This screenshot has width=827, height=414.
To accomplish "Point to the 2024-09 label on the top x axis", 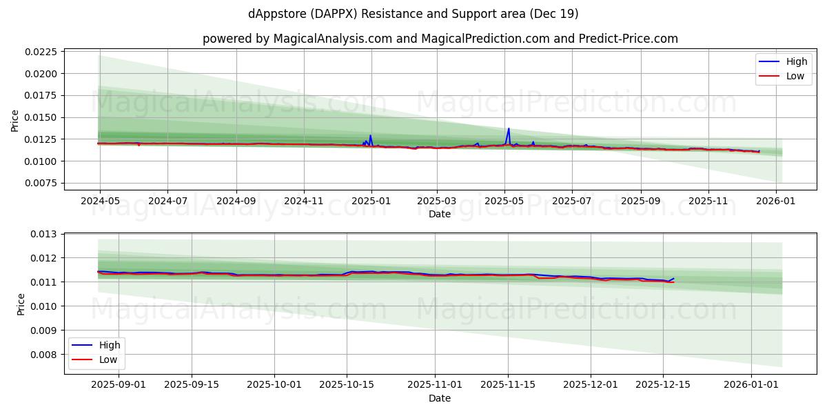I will pos(236,201).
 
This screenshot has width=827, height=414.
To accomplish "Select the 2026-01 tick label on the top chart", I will pos(776,201).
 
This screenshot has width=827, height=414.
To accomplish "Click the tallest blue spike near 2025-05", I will pos(509,129).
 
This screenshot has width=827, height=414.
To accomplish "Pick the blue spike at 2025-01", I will pos(370,136).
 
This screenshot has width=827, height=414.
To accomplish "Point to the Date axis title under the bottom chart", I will pos(440,398).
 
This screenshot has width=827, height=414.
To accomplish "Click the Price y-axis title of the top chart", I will pos(15,120).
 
